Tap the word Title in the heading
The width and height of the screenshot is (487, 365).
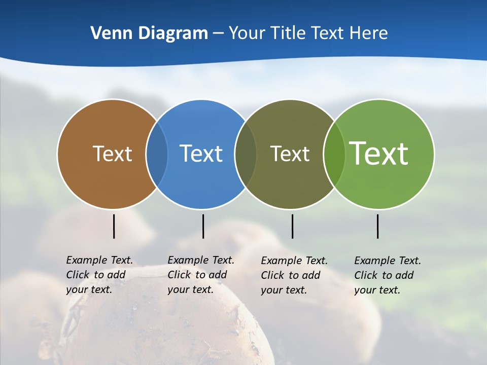[288, 33]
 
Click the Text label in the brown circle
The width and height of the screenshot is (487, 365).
[112, 154]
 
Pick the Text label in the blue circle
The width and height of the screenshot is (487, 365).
[201, 154]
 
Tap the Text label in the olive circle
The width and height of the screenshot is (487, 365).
[290, 154]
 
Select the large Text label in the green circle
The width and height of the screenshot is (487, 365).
[379, 154]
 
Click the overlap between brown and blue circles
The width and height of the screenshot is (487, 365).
[157, 154]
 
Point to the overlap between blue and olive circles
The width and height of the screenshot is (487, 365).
[246, 154]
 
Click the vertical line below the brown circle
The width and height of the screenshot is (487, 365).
[114, 226]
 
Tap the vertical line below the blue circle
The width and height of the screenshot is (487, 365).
[203, 226]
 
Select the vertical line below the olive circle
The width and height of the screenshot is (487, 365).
[292, 226]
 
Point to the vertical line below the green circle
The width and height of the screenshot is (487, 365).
[377, 226]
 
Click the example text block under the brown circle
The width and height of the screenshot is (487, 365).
[99, 275]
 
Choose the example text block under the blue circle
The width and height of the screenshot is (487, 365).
[201, 275]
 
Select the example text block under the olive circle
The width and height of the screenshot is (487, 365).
[294, 275]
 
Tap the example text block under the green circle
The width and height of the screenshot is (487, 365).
[388, 275]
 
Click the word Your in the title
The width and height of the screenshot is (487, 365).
[247, 33]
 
